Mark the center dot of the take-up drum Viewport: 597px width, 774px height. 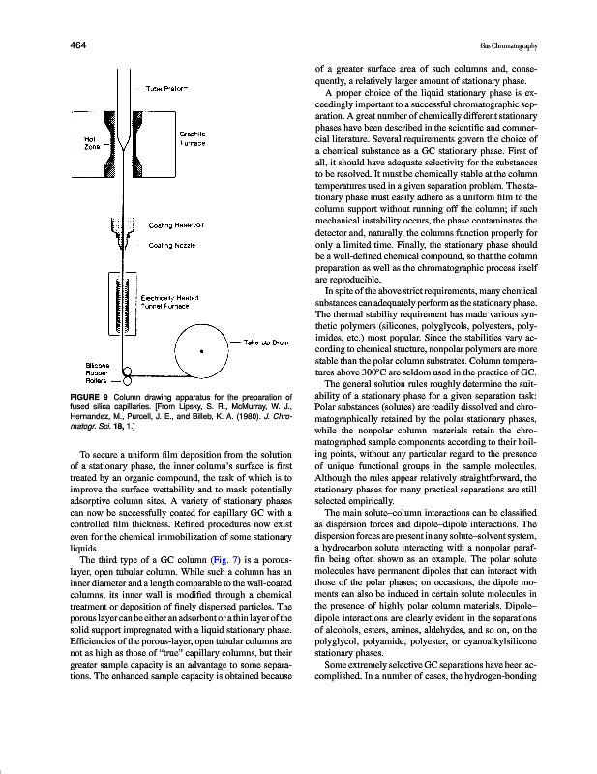pyautogui.click(x=200, y=352)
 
